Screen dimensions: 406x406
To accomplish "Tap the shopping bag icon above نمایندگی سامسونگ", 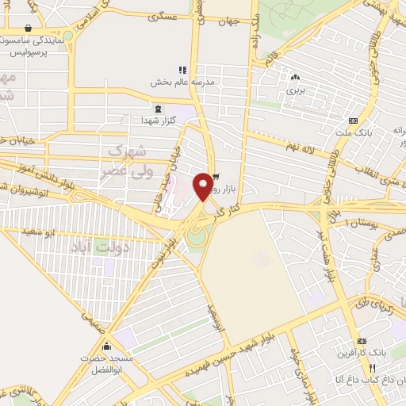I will tap(29, 26).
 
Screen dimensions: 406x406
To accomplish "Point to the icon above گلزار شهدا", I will tap(159, 109).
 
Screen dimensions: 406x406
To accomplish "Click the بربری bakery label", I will tap(296, 90).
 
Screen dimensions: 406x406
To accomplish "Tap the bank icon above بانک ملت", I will tap(353, 121).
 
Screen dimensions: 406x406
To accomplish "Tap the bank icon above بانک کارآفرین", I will tap(362, 339).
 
